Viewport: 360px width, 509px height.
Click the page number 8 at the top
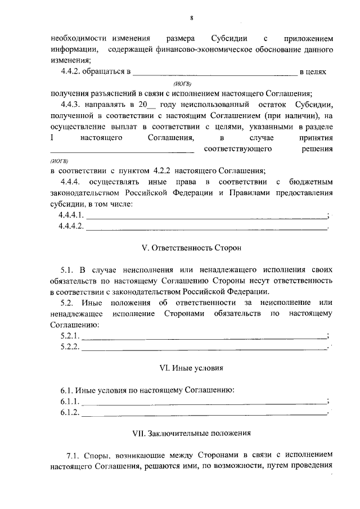(191, 18)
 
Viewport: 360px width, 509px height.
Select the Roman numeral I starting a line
(52, 137)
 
